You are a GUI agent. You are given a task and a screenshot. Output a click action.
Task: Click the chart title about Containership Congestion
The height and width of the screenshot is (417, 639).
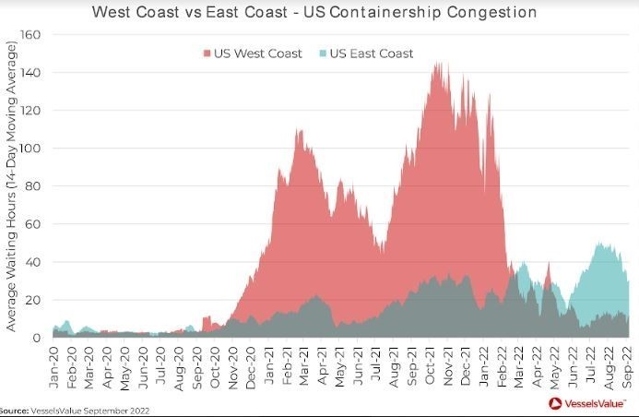coord(314,13)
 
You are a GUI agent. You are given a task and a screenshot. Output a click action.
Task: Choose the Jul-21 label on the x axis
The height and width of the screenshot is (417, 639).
coord(376,367)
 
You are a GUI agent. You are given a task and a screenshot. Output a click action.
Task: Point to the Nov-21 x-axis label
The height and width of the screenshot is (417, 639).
coord(447,367)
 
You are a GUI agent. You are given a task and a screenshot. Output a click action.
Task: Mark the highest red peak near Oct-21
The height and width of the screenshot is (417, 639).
coord(436,64)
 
